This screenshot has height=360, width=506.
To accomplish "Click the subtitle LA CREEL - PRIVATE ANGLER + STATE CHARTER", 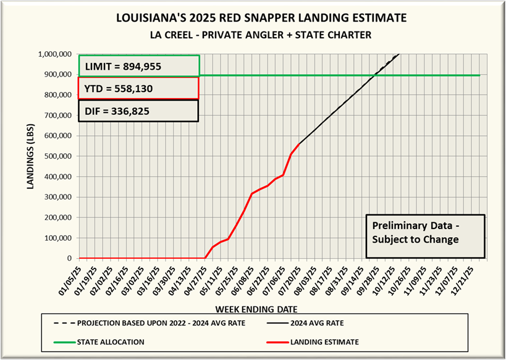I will coord(253,35).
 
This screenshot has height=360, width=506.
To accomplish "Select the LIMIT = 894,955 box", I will coord(138,65).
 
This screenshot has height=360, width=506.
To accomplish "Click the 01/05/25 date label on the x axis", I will coord(73,277).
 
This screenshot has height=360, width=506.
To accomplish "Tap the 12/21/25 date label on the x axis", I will coord(470,277).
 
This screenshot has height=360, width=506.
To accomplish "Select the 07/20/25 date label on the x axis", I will coord(292,277).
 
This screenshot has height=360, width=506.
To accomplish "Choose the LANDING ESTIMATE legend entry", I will coord(328,341).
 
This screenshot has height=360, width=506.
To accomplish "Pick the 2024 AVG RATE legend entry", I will coord(324,322).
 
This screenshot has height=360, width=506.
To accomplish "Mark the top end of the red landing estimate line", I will coord(300,144).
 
